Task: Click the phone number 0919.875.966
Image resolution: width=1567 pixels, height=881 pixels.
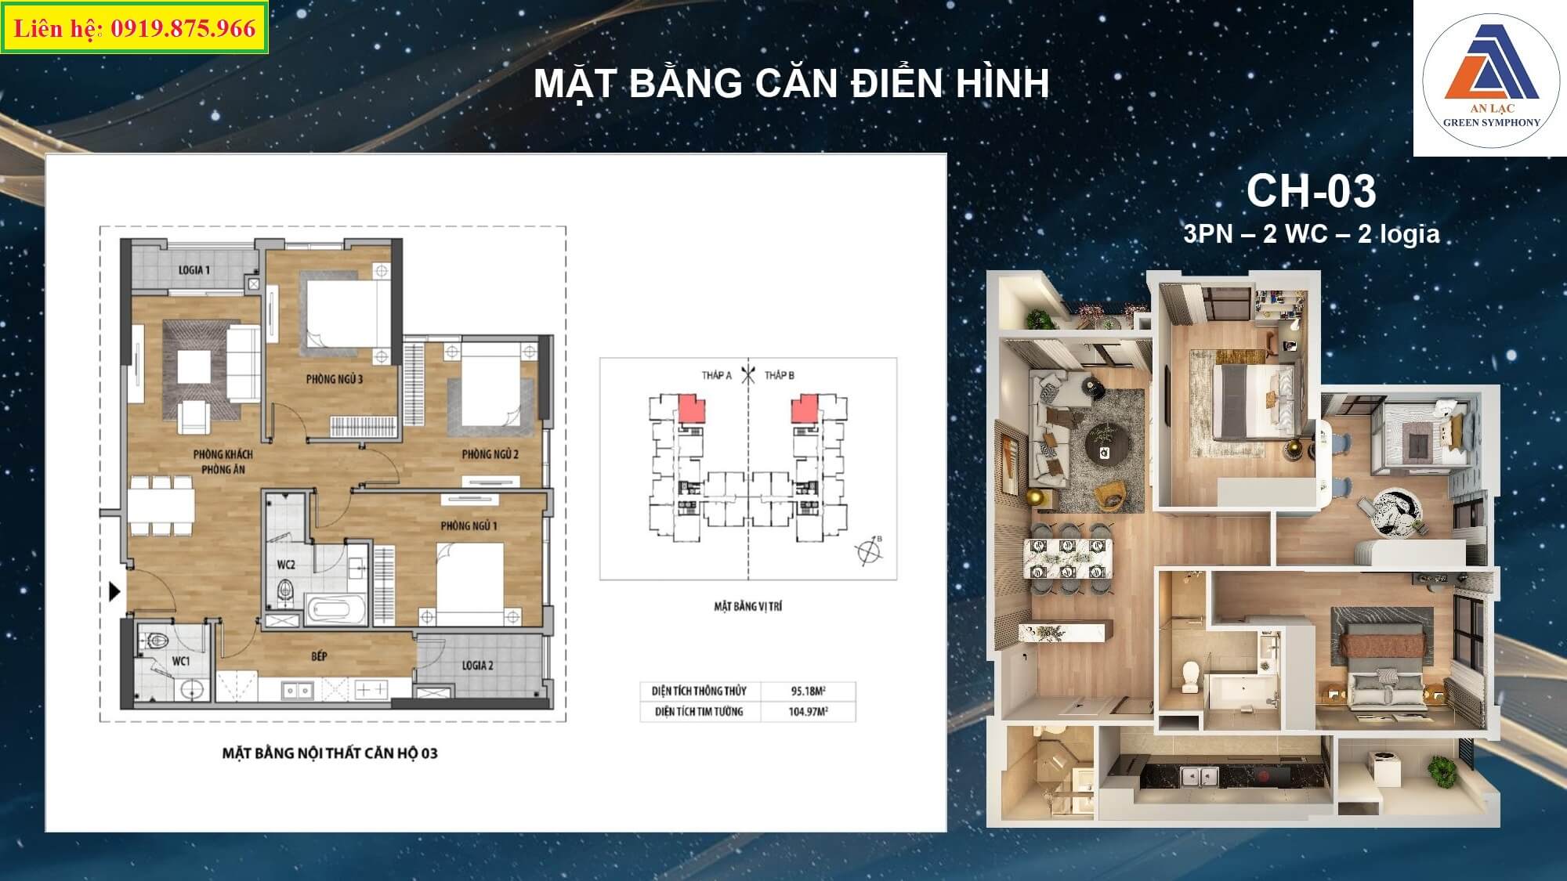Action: (x=183, y=29)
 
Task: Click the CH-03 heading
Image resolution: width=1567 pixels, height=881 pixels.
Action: (x=1311, y=190)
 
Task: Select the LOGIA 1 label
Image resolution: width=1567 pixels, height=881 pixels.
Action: (x=194, y=270)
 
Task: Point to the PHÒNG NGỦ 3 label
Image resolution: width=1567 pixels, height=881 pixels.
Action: (x=335, y=379)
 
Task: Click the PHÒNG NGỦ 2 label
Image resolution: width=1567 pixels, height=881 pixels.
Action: (x=490, y=454)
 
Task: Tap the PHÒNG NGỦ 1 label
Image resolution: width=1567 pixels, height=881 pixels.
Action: (x=469, y=526)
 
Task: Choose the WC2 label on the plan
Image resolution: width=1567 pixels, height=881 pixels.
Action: (x=286, y=565)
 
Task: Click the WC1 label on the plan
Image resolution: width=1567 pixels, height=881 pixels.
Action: (x=181, y=662)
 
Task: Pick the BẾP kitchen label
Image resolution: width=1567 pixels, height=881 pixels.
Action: (x=319, y=656)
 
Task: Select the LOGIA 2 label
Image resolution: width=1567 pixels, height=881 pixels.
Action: (x=477, y=666)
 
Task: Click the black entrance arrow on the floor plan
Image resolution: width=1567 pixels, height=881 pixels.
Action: (x=115, y=591)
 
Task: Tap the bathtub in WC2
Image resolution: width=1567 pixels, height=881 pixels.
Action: (x=335, y=610)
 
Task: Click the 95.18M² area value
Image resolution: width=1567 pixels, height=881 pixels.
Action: (x=808, y=691)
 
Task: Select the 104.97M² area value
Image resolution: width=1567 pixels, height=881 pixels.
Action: (x=808, y=712)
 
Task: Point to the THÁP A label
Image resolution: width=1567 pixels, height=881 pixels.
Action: (x=716, y=376)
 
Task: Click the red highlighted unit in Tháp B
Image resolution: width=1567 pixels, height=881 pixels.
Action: (x=804, y=409)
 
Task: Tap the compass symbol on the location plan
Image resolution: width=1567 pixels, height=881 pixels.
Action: (x=869, y=551)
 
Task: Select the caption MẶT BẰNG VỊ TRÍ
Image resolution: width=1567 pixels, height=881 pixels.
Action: (x=747, y=606)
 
